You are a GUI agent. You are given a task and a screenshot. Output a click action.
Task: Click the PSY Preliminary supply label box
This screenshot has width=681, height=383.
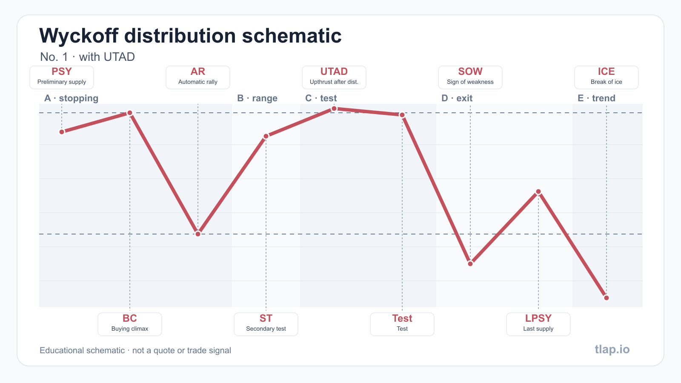pos(62,77)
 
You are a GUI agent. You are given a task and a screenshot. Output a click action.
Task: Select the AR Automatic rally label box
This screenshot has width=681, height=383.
pos(198,77)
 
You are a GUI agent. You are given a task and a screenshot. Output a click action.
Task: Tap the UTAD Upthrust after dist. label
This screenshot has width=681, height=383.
pos(334,77)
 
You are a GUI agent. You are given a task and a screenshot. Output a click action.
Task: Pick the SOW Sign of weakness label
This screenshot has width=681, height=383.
pos(470,77)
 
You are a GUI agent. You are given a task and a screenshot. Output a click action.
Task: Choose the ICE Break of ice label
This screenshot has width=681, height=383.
pos(607,77)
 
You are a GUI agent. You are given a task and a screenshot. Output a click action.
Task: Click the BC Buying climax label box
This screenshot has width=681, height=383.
pos(130,324)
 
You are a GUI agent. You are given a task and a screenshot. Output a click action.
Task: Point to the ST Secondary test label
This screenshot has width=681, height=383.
pos(266,324)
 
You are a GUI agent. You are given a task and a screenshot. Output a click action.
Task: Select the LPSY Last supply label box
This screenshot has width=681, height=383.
pos(538,324)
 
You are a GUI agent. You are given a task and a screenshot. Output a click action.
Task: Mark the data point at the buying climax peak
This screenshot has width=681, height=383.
pos(130,113)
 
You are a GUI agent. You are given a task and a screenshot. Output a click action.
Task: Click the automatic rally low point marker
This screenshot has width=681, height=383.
pos(198,234)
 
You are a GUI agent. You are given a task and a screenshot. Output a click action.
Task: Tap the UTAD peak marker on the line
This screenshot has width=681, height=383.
pos(334,109)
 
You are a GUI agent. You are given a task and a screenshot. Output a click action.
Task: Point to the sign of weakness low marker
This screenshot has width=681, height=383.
pos(470,263)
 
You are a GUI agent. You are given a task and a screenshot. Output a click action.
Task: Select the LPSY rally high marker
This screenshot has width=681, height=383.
pos(538,191)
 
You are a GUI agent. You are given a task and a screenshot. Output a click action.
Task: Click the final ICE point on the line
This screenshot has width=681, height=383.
pos(607,297)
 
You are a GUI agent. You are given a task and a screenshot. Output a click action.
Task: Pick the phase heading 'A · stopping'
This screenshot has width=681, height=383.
pos(72,98)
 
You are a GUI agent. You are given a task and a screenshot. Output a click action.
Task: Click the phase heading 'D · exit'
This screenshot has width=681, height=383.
pos(457,98)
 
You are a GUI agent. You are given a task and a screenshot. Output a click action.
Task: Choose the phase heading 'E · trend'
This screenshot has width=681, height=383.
pos(596,98)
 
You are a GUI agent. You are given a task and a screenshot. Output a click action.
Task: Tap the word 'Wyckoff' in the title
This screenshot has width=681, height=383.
pos(79,36)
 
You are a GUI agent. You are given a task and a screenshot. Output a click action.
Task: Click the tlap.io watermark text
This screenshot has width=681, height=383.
pos(612,349)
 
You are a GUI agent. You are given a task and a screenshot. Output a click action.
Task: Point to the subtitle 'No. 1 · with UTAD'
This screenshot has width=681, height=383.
pos(88,57)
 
